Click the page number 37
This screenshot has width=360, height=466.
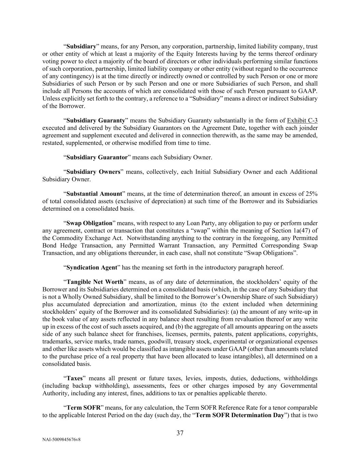(x=180, y=433)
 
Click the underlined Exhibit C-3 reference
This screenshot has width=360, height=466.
(x=302, y=121)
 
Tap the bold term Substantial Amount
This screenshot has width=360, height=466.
(x=94, y=194)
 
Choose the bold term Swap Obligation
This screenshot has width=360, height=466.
(x=89, y=223)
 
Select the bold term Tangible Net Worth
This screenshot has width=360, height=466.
(x=95, y=282)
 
